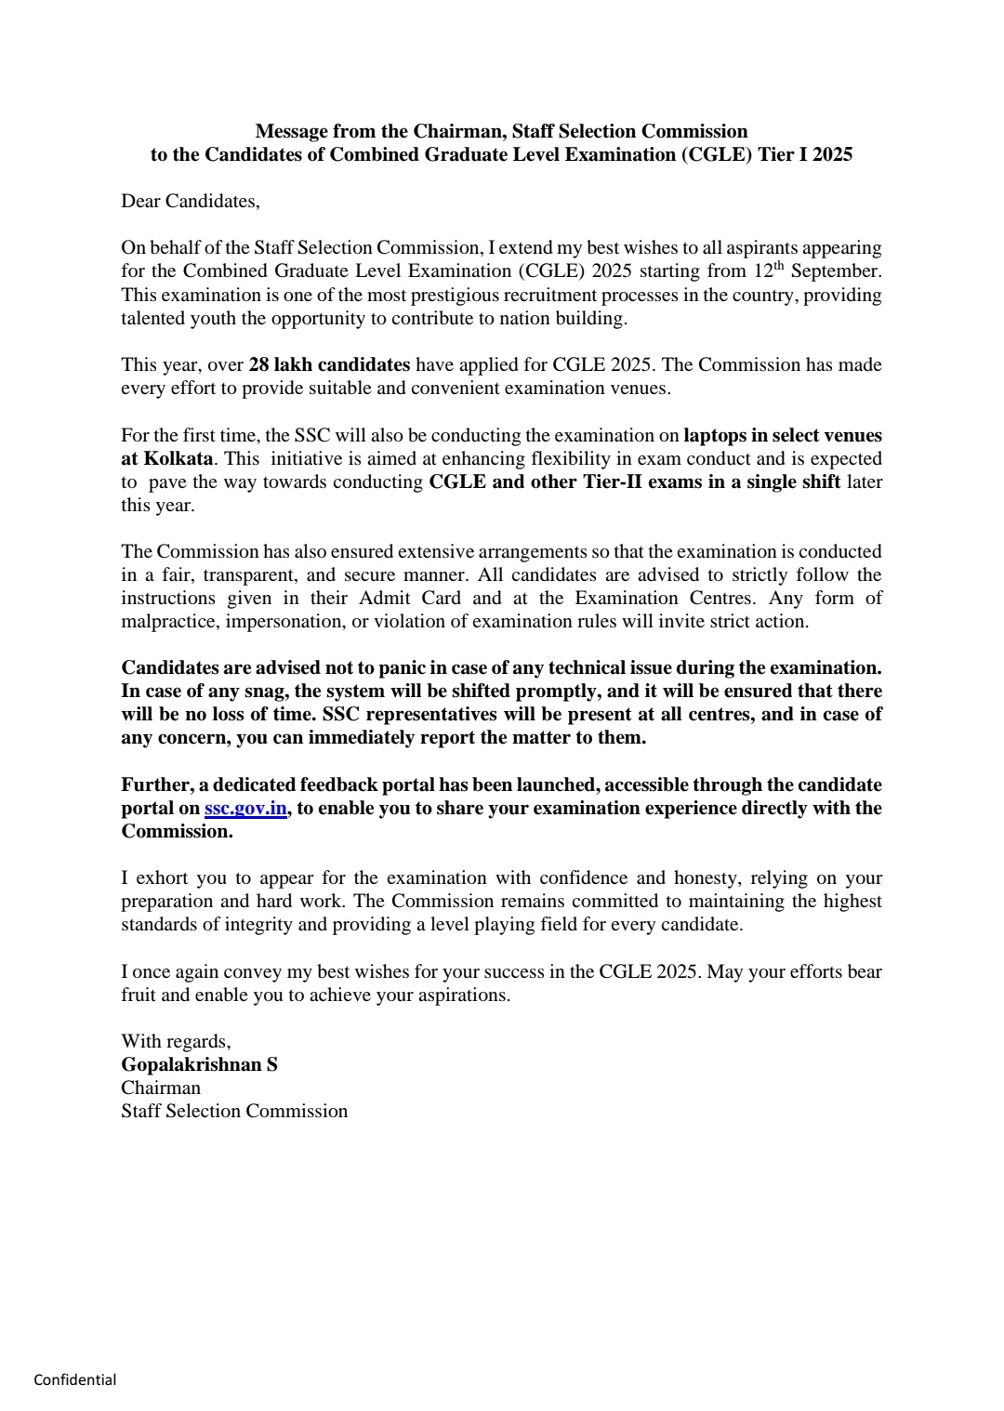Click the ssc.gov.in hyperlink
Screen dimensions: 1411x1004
(244, 808)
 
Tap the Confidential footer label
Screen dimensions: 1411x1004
(75, 1379)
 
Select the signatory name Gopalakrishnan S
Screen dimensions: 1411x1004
(199, 1064)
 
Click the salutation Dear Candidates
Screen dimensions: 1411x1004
(191, 201)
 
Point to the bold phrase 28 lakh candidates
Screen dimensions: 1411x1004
(329, 364)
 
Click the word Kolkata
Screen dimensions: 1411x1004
(178, 458)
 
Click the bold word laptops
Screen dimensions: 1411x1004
(720, 435)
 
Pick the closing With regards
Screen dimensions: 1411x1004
(176, 1041)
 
